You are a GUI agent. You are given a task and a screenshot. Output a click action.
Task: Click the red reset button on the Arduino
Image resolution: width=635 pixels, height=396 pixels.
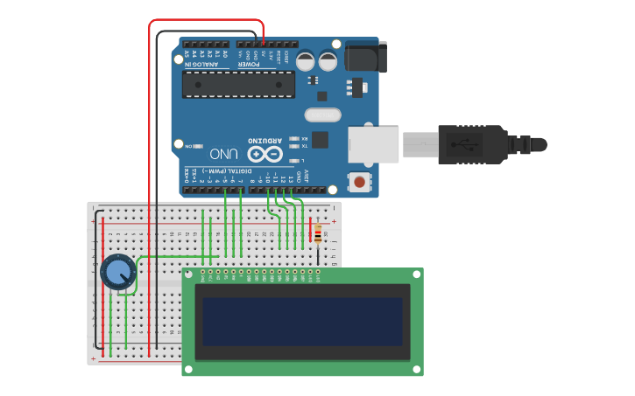point(358,182)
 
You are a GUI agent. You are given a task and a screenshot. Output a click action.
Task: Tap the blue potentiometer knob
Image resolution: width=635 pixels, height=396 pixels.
point(117,272)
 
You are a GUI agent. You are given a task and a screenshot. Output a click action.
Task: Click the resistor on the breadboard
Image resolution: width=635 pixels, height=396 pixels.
point(317,234)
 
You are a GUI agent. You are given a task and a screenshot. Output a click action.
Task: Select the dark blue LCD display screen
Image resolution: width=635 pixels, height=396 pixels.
point(302,321)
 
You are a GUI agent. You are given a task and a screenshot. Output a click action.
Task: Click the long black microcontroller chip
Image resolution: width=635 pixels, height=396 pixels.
point(238,84)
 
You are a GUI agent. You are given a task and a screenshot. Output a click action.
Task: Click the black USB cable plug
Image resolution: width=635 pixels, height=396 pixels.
point(472,143)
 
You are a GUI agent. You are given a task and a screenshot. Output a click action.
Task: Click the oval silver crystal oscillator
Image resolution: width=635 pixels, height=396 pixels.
point(322,115)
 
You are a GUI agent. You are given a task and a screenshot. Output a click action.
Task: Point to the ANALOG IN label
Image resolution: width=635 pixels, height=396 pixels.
point(187,58)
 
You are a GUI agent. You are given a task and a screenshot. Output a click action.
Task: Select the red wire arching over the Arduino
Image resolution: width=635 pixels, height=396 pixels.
point(206,20)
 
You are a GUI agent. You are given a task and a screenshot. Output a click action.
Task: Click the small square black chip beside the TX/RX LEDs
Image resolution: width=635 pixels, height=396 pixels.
point(320,139)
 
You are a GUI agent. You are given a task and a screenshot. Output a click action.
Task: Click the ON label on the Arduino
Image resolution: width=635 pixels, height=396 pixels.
point(187,146)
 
